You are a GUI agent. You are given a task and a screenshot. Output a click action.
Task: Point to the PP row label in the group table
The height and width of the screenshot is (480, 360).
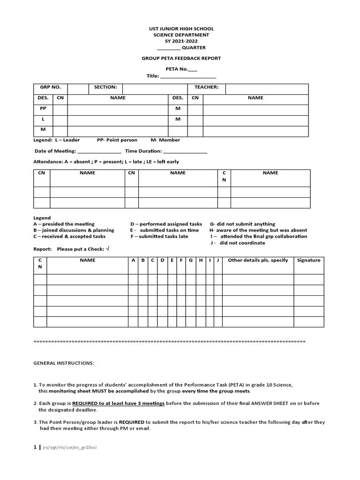click(x=43, y=108)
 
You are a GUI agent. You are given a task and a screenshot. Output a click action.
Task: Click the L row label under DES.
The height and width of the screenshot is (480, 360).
click(x=43, y=120)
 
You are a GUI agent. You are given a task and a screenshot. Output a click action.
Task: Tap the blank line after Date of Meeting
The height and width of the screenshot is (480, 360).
click(x=99, y=152)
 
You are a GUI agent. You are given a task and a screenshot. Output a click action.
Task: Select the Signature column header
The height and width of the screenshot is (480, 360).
click(x=308, y=260)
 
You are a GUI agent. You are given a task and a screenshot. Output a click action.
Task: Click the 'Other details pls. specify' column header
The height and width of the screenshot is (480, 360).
click(x=258, y=260)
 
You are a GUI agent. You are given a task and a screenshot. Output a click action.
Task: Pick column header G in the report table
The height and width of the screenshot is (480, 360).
click(x=191, y=260)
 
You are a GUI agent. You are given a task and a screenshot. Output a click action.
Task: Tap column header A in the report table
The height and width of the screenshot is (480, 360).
click(x=133, y=260)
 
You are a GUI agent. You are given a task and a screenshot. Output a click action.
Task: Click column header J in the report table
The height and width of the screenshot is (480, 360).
click(x=218, y=260)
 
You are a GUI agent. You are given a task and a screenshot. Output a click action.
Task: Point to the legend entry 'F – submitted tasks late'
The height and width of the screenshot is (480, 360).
click(x=159, y=237)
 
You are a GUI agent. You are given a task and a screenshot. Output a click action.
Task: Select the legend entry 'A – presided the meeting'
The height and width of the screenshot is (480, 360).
click(x=64, y=224)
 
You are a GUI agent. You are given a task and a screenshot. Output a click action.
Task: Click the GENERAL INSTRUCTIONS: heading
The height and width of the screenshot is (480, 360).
click(x=64, y=363)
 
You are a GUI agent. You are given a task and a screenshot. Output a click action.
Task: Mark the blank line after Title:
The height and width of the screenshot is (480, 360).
click(x=188, y=76)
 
